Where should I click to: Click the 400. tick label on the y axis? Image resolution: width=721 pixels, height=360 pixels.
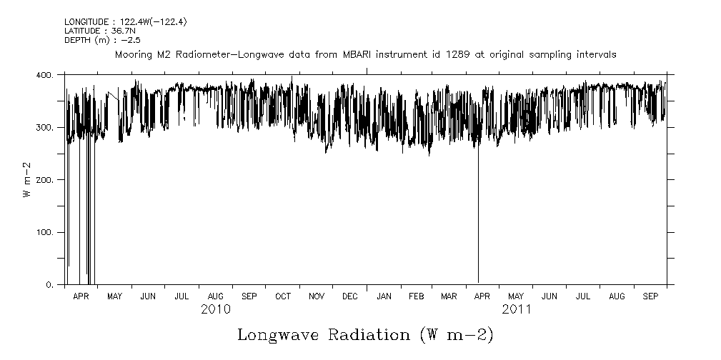click(x=44, y=75)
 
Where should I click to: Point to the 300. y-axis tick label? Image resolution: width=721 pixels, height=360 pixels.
click(x=44, y=127)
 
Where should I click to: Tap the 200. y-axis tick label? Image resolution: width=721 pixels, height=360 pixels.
click(x=44, y=180)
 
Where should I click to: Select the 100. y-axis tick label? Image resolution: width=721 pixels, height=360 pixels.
click(x=44, y=232)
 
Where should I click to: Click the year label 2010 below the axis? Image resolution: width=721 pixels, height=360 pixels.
click(x=215, y=309)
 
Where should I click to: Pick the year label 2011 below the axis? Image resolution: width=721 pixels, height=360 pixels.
click(x=516, y=309)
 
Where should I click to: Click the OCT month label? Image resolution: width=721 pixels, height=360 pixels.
click(x=283, y=296)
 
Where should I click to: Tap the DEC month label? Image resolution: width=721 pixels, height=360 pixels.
click(x=350, y=296)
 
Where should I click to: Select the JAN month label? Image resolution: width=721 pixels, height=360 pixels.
click(x=384, y=296)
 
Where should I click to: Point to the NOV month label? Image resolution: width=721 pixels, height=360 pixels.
click(x=317, y=296)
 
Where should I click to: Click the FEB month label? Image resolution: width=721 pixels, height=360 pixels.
click(x=417, y=296)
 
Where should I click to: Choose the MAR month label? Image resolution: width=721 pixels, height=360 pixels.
click(x=449, y=296)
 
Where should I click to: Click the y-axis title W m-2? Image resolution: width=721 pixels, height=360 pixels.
click(x=26, y=180)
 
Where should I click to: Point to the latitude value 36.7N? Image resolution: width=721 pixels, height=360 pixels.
click(x=121, y=31)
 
